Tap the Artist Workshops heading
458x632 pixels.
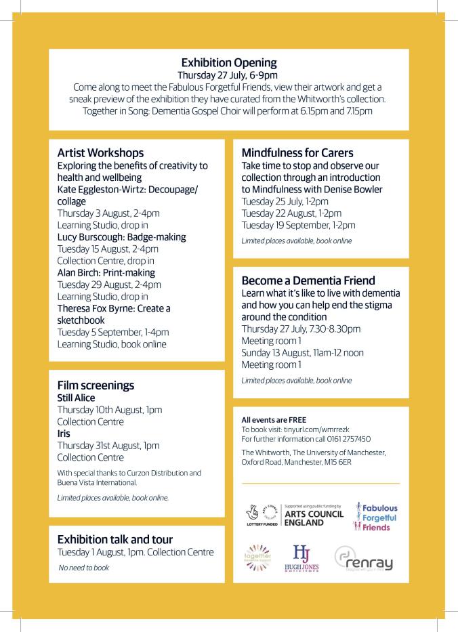pos(100,152)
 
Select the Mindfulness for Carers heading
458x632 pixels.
pos(297,152)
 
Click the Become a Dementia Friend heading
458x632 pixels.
pos(308,280)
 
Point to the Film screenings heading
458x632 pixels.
pos(96,385)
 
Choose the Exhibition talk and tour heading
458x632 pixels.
pos(114,539)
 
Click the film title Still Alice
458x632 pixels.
pos(76,398)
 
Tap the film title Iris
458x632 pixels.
pos(64,433)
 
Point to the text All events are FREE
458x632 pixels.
pos(269,419)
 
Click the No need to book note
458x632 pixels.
pos(83,568)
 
